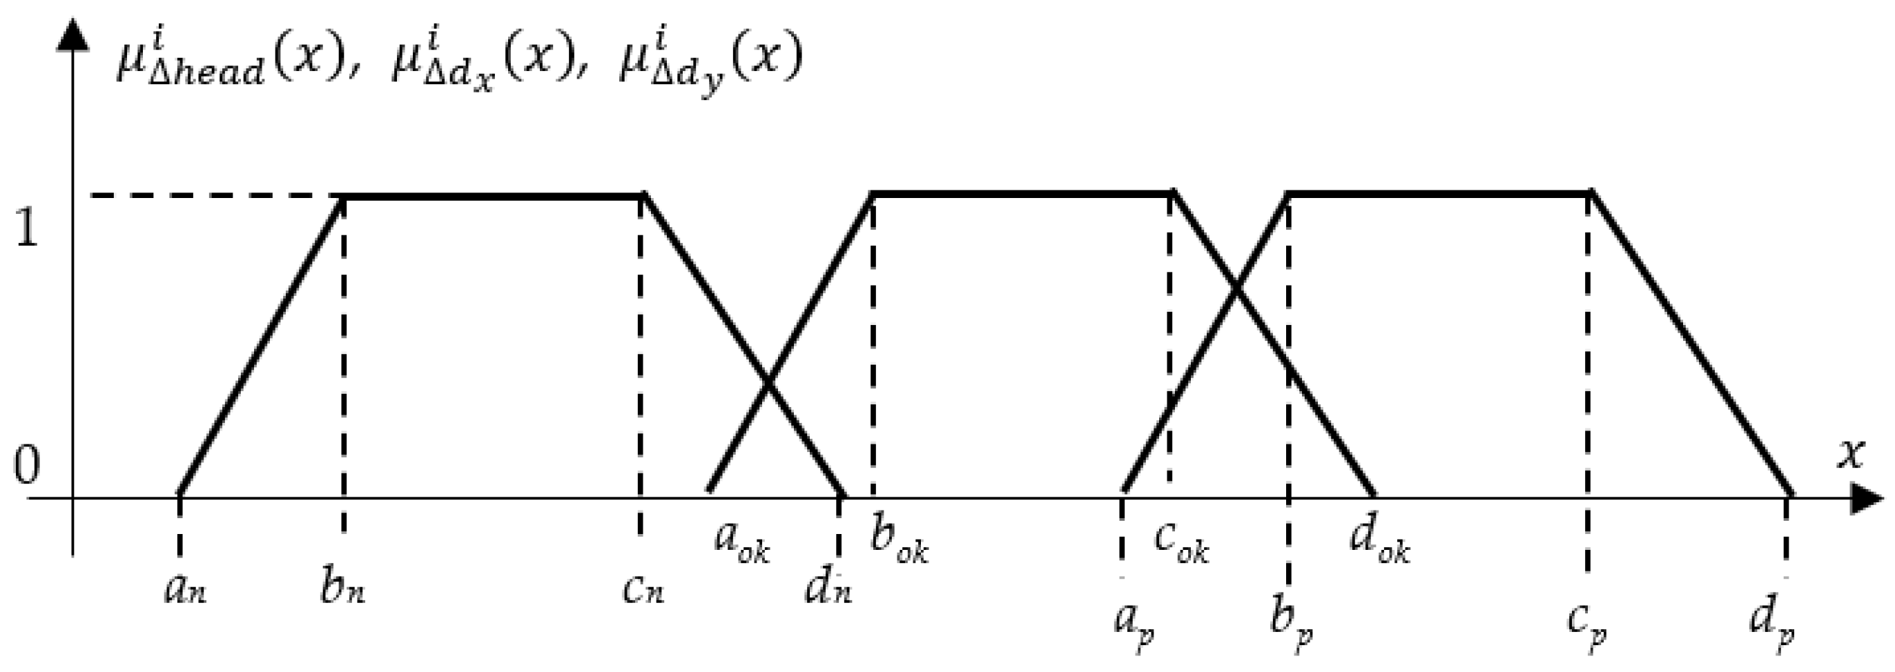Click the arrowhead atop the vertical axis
(72, 34)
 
